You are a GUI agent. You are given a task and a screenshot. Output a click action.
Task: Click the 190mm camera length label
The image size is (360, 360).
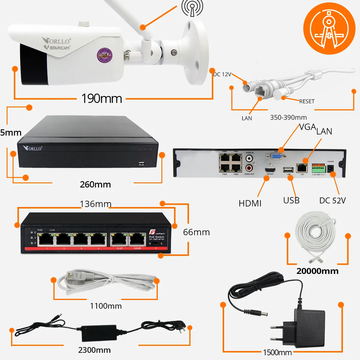click(102, 98)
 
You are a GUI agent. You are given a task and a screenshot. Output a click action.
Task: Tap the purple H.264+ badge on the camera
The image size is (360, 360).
click(104, 55)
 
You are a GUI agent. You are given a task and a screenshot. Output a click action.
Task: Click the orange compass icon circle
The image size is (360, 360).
click(329, 28)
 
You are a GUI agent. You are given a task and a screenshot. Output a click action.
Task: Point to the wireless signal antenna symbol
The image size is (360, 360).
click(192, 8)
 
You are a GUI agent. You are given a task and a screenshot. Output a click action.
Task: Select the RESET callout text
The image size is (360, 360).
click(307, 101)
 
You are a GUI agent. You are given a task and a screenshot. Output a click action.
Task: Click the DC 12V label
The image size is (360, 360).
click(222, 74)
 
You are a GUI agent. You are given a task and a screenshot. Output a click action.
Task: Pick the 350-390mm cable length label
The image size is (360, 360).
click(288, 117)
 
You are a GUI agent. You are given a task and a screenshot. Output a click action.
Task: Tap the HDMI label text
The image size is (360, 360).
click(250, 203)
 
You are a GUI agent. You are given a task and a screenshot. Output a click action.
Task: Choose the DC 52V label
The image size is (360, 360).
click(332, 200)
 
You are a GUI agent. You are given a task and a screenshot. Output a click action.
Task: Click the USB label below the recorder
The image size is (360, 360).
click(291, 200)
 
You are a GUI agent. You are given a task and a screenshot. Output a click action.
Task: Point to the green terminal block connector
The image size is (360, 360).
click(319, 168)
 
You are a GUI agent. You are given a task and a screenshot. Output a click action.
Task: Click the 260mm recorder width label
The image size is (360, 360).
click(95, 184)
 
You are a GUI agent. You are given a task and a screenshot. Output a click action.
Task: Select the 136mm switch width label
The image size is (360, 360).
click(95, 204)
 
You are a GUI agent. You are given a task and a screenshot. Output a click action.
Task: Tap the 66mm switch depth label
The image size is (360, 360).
click(196, 232)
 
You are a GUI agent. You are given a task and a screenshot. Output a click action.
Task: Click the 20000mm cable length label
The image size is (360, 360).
click(317, 271)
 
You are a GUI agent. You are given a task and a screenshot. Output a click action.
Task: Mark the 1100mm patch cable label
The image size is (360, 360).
click(106, 306)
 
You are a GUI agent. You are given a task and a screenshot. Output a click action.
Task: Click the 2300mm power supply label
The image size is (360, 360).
click(94, 350)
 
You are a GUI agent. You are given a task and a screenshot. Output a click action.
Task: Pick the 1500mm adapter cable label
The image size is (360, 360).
click(277, 352)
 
